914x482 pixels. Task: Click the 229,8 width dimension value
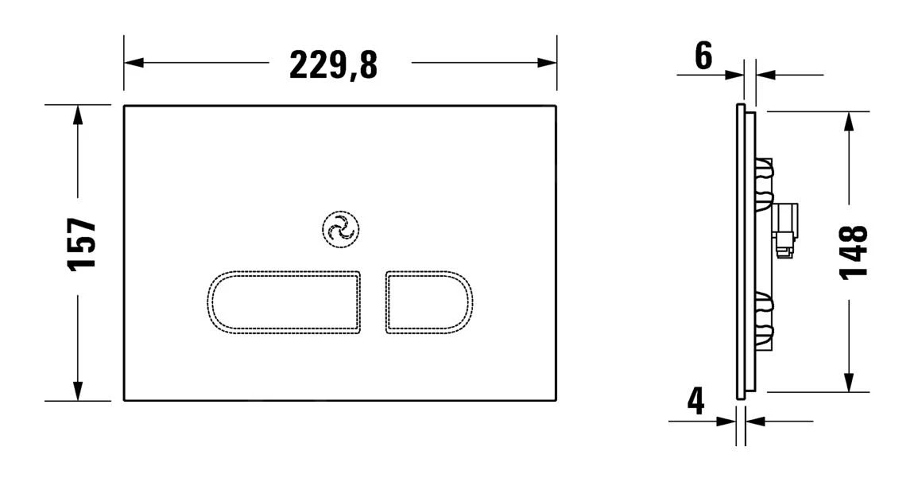[333, 64]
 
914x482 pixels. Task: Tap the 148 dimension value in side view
[854, 251]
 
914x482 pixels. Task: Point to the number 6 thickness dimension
[703, 56]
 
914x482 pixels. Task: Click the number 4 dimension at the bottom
[695, 401]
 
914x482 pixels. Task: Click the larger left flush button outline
[285, 301]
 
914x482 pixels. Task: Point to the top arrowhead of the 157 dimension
[77, 115]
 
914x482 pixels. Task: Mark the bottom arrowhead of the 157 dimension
[77, 391]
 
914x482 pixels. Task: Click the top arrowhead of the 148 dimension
[850, 121]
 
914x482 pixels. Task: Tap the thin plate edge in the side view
[741, 251]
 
